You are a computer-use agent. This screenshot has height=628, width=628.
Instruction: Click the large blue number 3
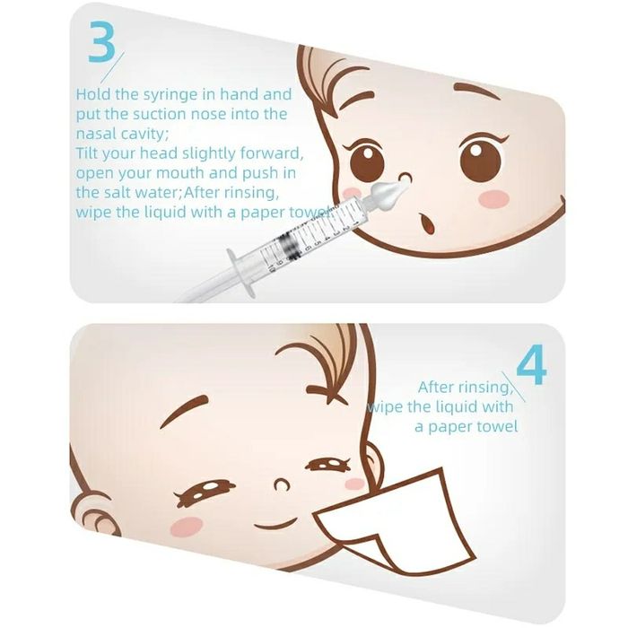(x=101, y=42)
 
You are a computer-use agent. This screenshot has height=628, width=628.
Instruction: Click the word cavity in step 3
(x=137, y=133)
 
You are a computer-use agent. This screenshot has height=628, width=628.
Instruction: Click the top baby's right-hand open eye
(x=482, y=157)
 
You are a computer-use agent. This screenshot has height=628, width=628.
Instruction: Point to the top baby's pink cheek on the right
(x=494, y=199)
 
